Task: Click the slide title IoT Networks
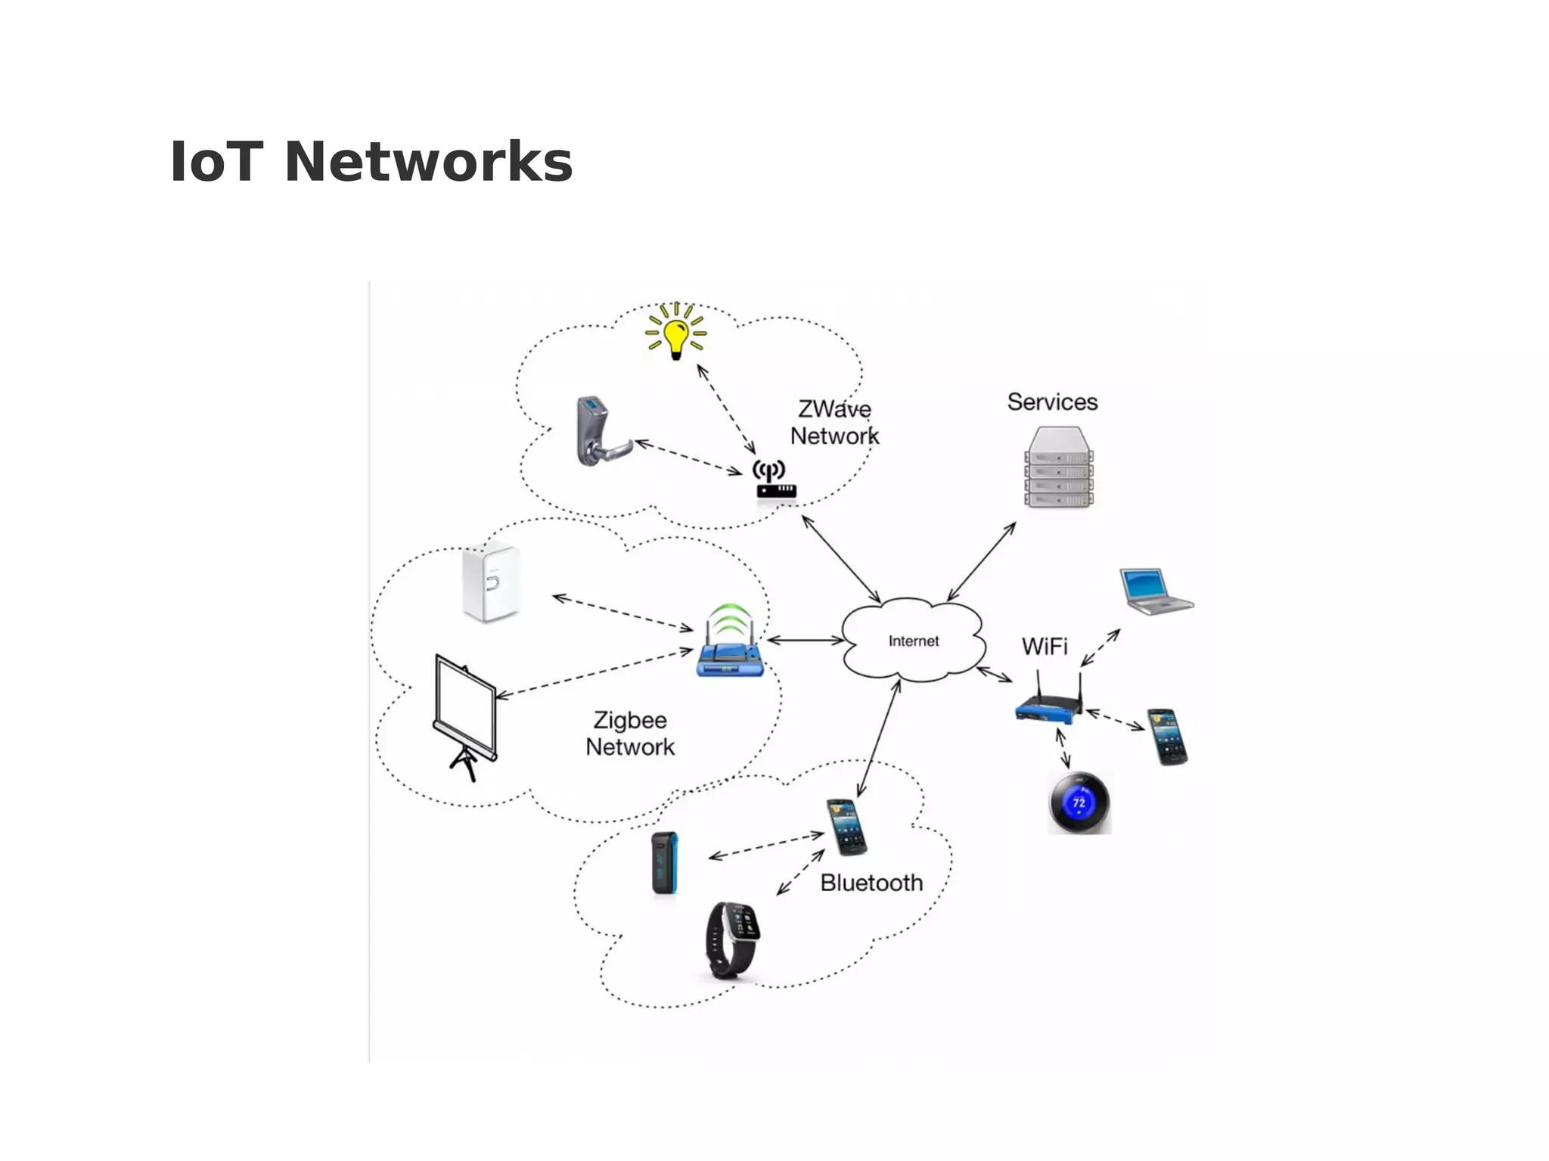click(x=371, y=162)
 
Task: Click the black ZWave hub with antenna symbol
click(x=774, y=481)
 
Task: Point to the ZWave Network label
click(x=834, y=423)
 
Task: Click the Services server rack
click(x=1059, y=467)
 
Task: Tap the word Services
click(x=1052, y=402)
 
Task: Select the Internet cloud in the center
click(x=913, y=641)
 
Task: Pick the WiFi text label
click(x=1045, y=647)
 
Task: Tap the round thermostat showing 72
click(x=1079, y=803)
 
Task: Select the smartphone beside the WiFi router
click(x=1167, y=737)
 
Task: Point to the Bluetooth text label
click(x=871, y=883)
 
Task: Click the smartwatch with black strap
click(x=731, y=939)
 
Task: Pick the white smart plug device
click(x=491, y=582)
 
